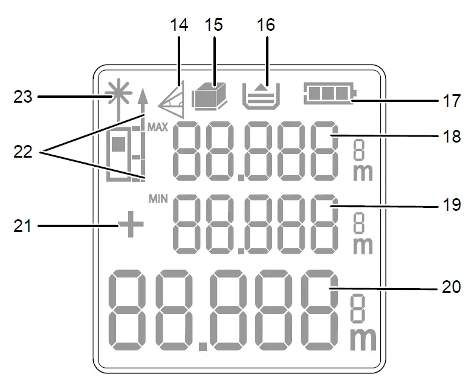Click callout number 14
coord(180,25)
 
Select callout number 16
coord(265,25)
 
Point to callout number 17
coord(449,100)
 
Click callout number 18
coord(449,137)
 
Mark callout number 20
coord(449,289)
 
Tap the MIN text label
coord(157,199)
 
